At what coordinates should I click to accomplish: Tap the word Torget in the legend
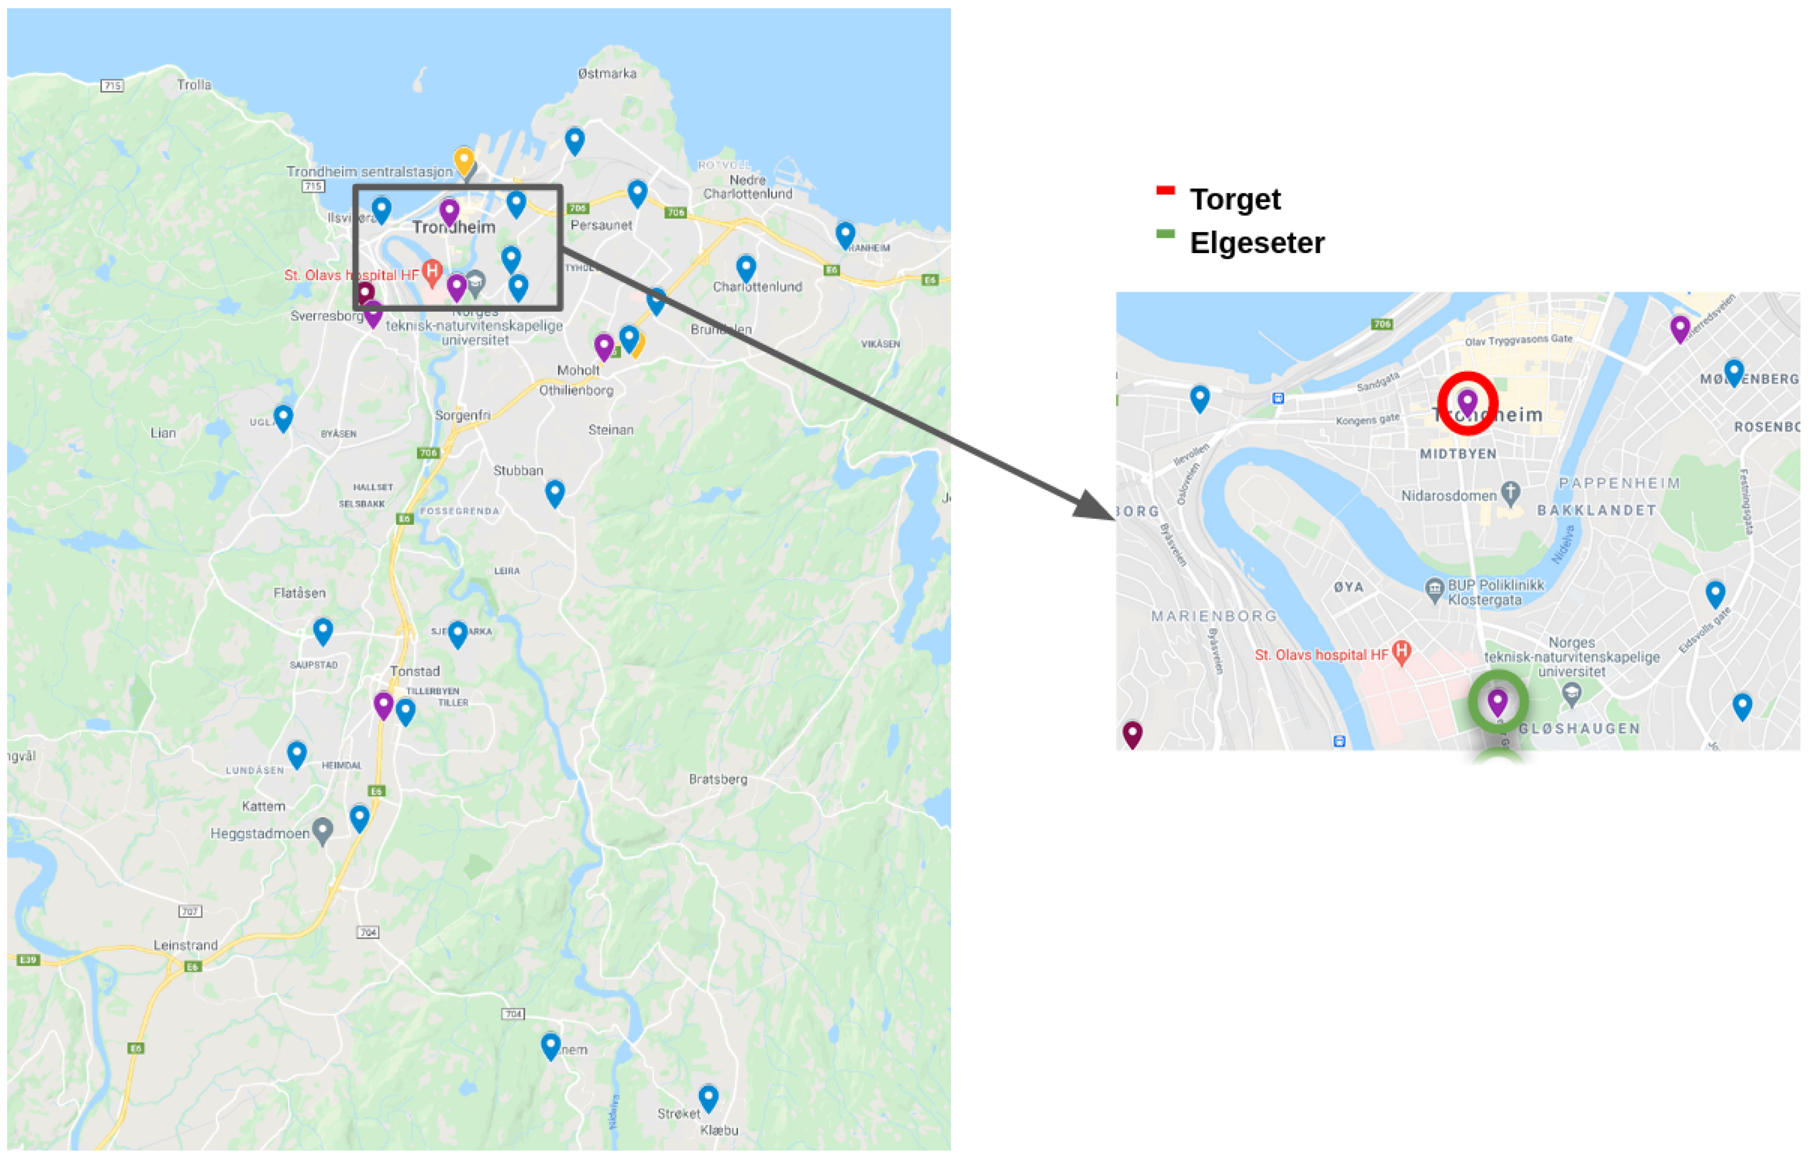click(1235, 200)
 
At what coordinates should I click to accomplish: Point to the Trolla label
click(194, 85)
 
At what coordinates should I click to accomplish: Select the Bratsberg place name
click(717, 779)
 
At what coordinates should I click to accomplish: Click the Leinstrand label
click(185, 945)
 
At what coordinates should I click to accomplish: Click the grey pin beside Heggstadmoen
click(323, 830)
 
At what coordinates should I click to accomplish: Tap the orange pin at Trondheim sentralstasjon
click(463, 161)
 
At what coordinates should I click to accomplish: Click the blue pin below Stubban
click(555, 492)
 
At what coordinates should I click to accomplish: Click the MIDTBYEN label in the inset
click(1458, 454)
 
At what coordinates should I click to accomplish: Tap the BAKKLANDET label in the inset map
click(1596, 511)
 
